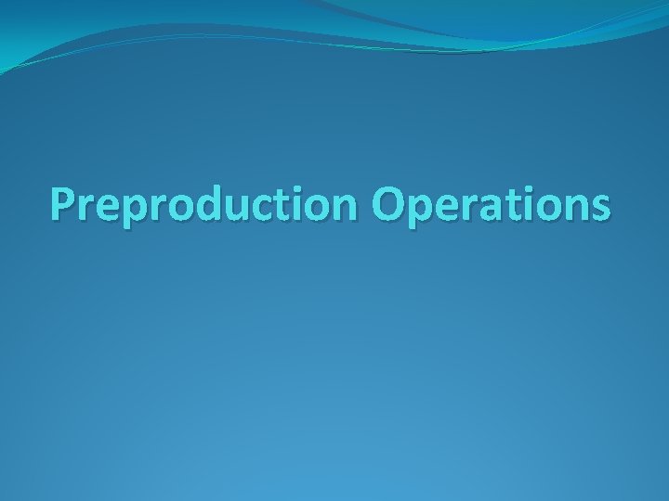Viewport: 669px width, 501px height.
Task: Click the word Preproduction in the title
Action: (x=205, y=204)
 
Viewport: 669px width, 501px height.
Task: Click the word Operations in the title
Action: (x=492, y=204)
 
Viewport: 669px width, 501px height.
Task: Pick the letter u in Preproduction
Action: (x=229, y=207)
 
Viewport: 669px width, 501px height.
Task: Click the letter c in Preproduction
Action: (x=254, y=207)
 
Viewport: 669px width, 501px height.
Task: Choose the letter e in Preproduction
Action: (x=104, y=207)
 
